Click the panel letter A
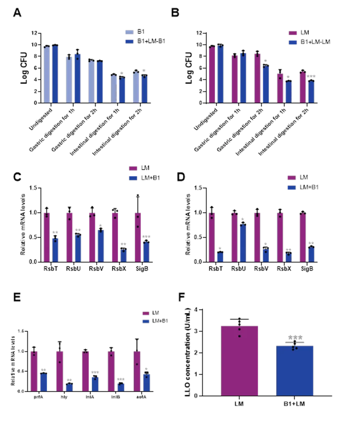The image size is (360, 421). point(17,13)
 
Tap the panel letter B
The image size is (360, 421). point(175,13)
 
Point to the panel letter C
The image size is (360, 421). point(17,177)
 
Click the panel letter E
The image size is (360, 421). point(17,297)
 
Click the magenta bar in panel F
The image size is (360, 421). point(240,360)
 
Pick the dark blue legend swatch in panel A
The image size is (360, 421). point(129,41)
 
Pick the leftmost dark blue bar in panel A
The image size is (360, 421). point(55,73)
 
